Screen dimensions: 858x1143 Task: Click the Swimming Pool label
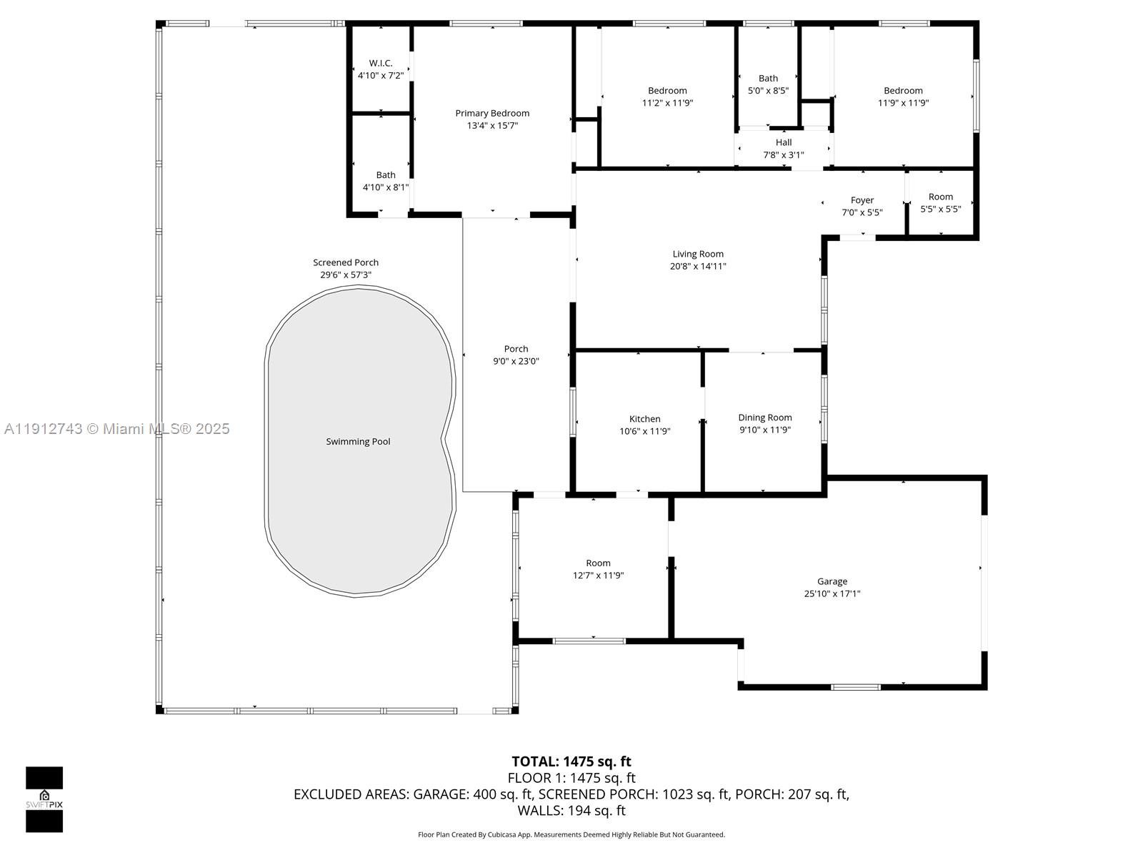click(x=358, y=442)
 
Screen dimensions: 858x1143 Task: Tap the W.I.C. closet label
click(x=381, y=63)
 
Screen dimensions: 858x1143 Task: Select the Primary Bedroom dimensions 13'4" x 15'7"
click(x=492, y=126)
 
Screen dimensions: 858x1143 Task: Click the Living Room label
click(x=698, y=254)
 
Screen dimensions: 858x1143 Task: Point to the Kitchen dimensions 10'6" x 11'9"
click(x=644, y=431)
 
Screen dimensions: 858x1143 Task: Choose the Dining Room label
click(x=764, y=418)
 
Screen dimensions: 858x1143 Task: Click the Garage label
click(x=832, y=581)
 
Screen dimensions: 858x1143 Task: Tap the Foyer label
click(x=862, y=200)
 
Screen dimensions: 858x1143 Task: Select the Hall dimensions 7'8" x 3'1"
click(x=784, y=154)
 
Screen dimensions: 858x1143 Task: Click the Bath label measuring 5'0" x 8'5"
click(x=768, y=79)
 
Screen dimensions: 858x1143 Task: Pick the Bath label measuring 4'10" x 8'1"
click(x=386, y=175)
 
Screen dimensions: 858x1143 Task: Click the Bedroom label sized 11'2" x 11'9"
click(x=667, y=91)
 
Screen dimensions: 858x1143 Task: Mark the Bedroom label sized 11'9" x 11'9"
click(x=903, y=91)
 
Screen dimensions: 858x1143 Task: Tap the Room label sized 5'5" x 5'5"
click(x=941, y=197)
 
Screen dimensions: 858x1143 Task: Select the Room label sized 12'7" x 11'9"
click(x=598, y=563)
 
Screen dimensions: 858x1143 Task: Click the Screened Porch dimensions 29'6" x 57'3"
click(x=346, y=275)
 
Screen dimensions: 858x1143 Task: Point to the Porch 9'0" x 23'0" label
click(x=516, y=349)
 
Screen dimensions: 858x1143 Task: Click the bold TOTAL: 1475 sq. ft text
click(x=571, y=761)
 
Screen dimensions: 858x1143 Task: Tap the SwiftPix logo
click(x=44, y=799)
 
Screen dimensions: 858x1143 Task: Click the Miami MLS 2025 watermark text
click(x=117, y=429)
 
